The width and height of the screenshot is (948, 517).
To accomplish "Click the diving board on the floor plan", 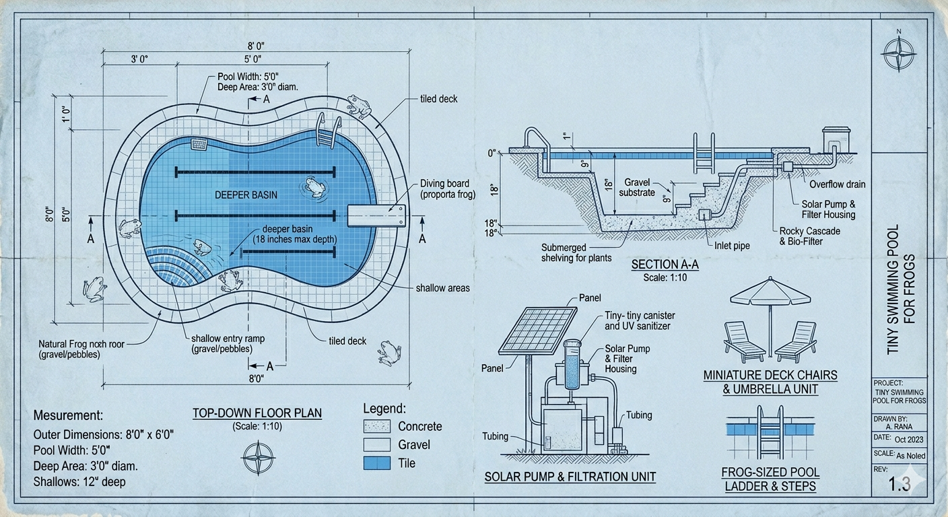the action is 376,215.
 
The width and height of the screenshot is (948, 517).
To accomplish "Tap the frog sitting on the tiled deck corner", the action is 360,106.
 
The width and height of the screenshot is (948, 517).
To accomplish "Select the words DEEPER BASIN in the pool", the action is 246,195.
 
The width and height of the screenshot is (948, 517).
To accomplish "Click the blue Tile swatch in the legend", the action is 376,463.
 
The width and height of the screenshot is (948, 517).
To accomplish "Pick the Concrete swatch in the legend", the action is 376,426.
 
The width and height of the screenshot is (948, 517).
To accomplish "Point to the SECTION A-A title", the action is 665,265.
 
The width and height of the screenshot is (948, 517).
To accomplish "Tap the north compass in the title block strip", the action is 898,55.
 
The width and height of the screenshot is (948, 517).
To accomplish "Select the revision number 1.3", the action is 899,484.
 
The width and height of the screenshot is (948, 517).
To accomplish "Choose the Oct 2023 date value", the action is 909,440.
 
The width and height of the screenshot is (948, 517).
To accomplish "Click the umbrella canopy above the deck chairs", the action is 771,292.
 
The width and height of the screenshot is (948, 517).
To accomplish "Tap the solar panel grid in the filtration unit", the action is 538,330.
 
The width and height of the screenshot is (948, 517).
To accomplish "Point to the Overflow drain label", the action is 837,184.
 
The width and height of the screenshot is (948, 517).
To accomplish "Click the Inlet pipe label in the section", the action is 732,246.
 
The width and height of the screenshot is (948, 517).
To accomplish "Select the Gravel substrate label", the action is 637,187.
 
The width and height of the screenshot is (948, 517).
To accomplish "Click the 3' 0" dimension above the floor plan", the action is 139,59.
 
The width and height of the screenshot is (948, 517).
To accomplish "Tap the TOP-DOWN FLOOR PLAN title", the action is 257,413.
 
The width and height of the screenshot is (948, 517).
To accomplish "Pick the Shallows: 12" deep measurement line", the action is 79,482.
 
